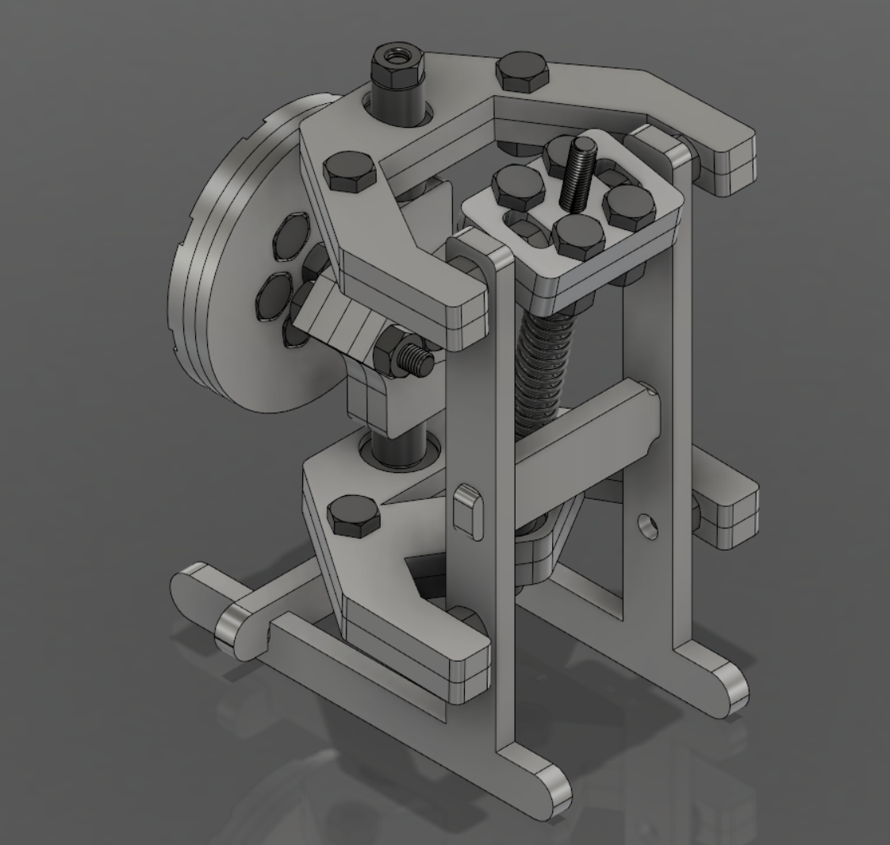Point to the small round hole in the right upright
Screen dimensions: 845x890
[648, 525]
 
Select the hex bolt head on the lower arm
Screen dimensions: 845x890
[353, 516]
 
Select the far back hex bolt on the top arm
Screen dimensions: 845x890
[522, 72]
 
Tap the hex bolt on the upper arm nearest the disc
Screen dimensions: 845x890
[350, 171]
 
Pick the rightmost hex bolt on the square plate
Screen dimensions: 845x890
[631, 204]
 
